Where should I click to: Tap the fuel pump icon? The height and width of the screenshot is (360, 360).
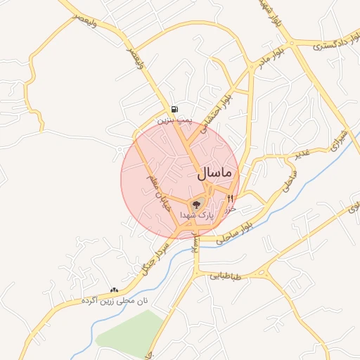(x=174, y=109)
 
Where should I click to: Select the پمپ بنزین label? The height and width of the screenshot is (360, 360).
(x=174, y=121)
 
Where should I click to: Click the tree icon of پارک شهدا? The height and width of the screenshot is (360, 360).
(x=195, y=204)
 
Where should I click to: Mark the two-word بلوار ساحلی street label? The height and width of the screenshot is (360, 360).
(x=235, y=232)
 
